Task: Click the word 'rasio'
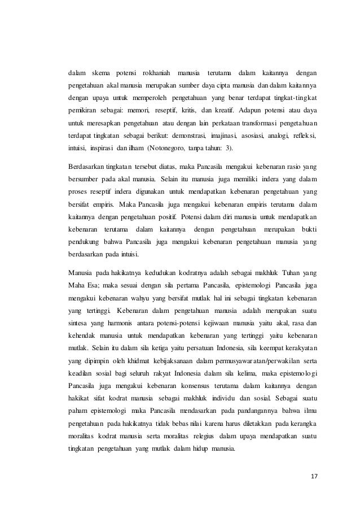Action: click(287, 168)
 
